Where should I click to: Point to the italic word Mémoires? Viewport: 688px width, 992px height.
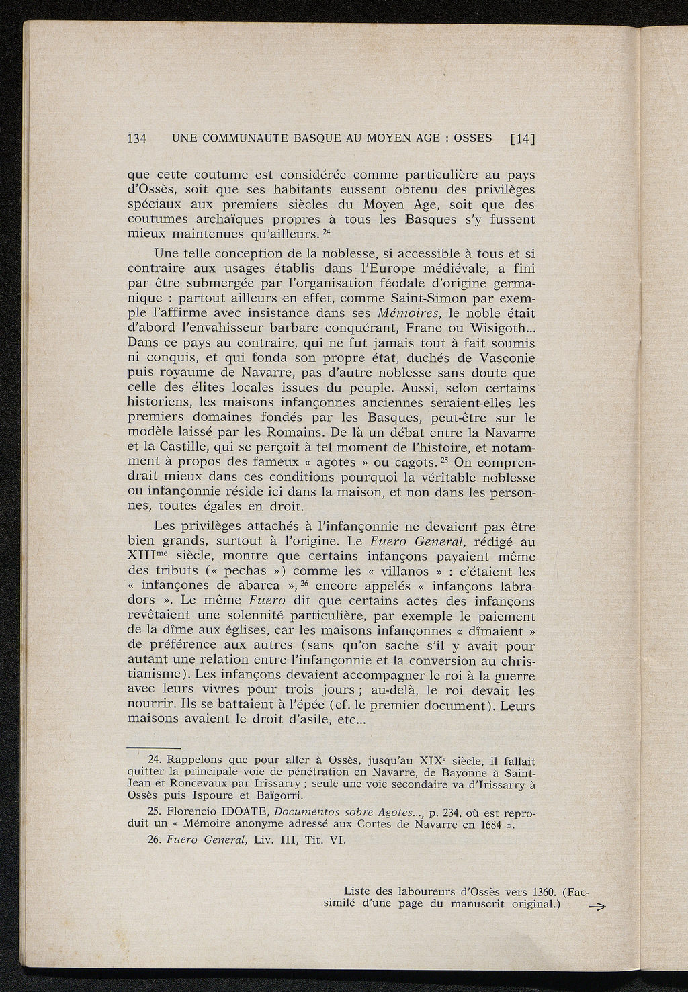coord(408,312)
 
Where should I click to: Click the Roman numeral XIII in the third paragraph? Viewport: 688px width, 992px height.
coord(142,557)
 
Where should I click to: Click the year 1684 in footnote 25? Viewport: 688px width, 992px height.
coord(490,825)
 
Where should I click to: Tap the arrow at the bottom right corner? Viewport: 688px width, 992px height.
coord(596,907)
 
